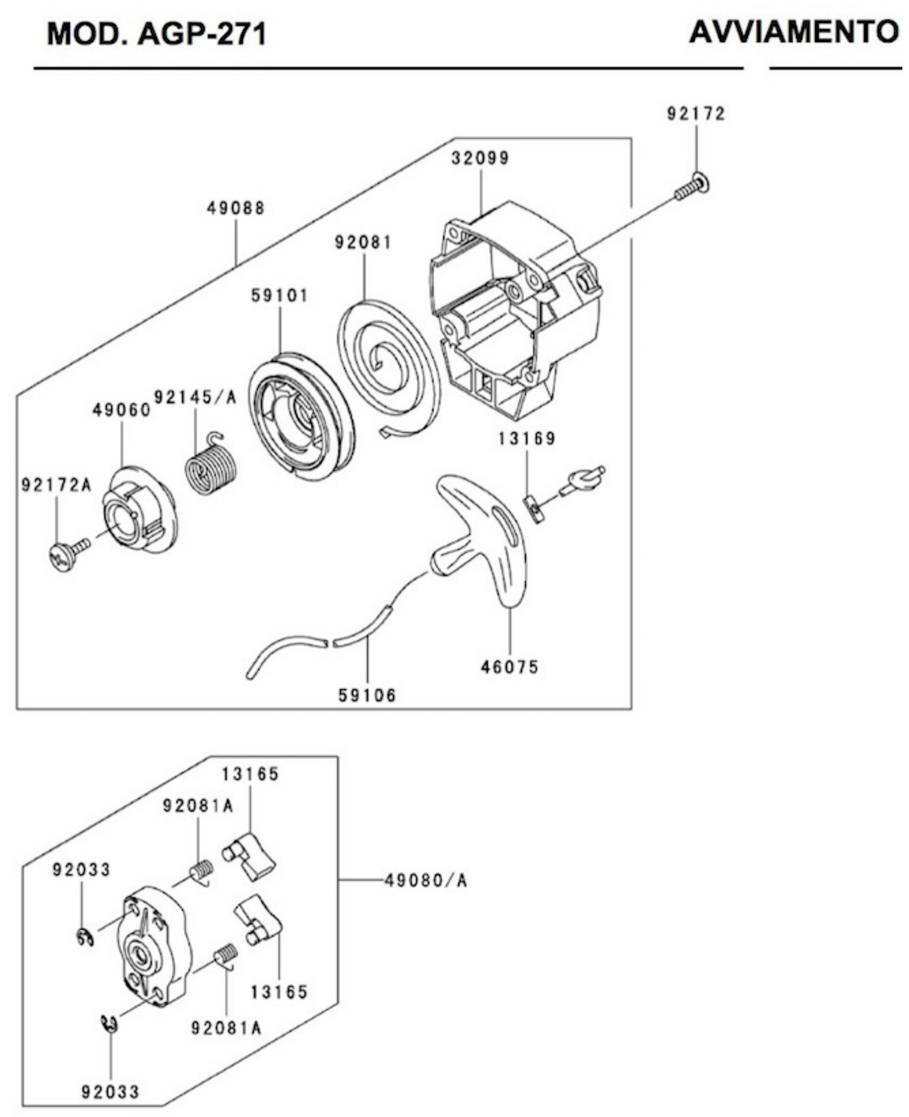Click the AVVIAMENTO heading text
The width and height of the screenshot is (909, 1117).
794,33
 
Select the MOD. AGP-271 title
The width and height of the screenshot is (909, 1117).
157,35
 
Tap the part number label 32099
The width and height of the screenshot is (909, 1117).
480,158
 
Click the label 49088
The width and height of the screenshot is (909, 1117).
236,208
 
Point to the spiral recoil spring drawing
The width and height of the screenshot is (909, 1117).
389,366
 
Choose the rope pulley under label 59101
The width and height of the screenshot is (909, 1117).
301,416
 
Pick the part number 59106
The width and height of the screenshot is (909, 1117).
367,696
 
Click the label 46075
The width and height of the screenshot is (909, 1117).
510,667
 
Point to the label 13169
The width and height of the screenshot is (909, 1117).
527,438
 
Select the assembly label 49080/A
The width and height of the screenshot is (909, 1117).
426,880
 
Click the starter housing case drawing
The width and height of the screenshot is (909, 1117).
516,309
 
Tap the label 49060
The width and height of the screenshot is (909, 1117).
121,410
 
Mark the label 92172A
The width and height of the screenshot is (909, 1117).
57,485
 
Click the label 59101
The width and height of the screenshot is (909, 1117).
280,296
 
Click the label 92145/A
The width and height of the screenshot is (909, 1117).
195,398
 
